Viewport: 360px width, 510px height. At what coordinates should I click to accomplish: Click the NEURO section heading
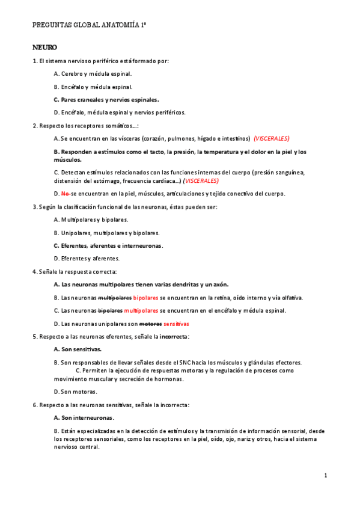pyautogui.click(x=44, y=47)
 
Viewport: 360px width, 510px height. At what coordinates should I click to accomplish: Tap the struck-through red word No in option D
pyautogui.click(x=66, y=194)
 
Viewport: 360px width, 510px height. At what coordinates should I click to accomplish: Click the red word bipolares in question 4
pyautogui.click(x=145, y=298)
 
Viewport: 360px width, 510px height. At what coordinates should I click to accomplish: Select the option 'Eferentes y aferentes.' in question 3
pyautogui.click(x=87, y=259)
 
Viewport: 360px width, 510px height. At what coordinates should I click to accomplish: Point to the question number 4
pyautogui.click(x=34, y=272)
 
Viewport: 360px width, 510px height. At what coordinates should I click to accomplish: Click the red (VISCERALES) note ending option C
pyautogui.click(x=201, y=181)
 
